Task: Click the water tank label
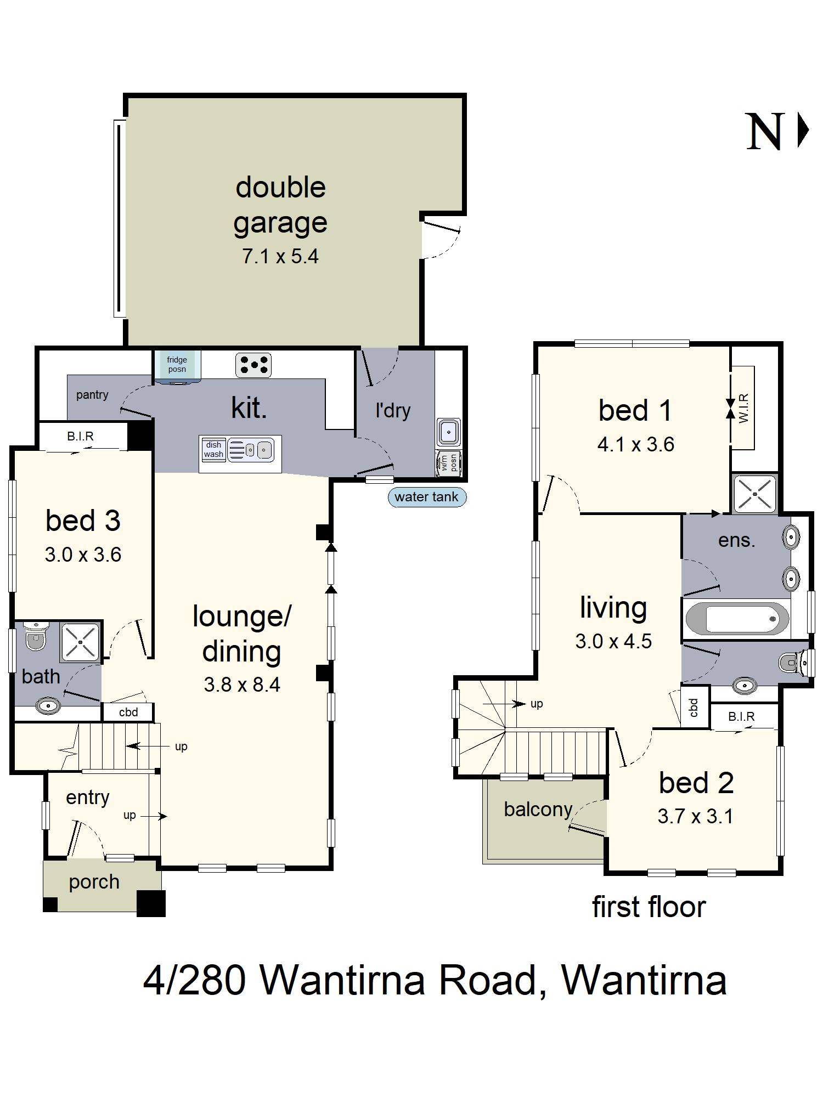click(427, 497)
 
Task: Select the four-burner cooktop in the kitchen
click(253, 365)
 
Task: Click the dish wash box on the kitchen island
click(213, 450)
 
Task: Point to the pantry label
click(92, 395)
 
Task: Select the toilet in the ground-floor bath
click(36, 636)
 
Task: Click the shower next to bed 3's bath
click(81, 642)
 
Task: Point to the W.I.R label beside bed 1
click(744, 408)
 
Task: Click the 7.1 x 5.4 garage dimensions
click(280, 256)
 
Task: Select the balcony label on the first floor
click(538, 810)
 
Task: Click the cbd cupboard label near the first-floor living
click(694, 708)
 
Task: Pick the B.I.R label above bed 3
click(81, 436)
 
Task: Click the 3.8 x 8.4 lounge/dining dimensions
click(242, 685)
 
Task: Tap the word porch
click(94, 883)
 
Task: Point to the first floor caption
click(649, 907)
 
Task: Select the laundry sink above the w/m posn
click(449, 432)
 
